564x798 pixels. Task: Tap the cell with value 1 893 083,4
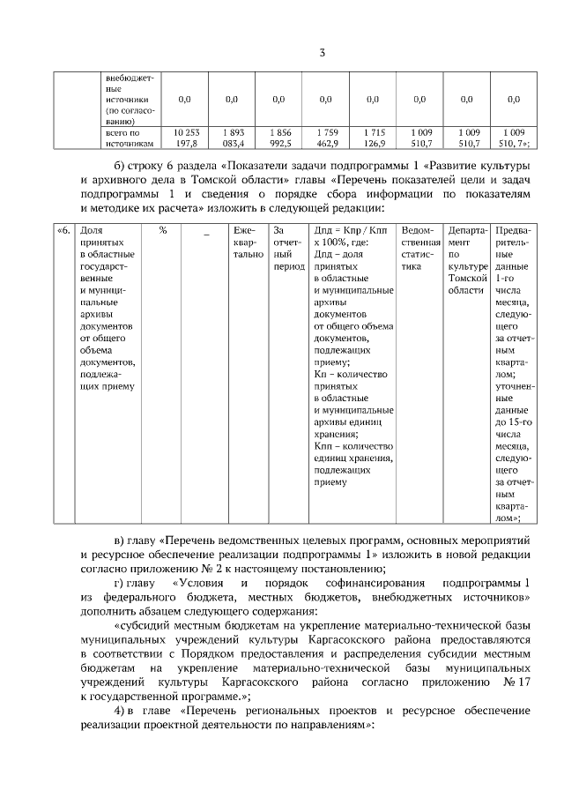(x=232, y=136)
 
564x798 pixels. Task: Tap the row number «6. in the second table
(x=63, y=231)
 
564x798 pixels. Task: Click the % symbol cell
(x=163, y=231)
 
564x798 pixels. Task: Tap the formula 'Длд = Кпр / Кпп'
(x=352, y=231)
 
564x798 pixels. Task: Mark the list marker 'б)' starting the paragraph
(x=122, y=167)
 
